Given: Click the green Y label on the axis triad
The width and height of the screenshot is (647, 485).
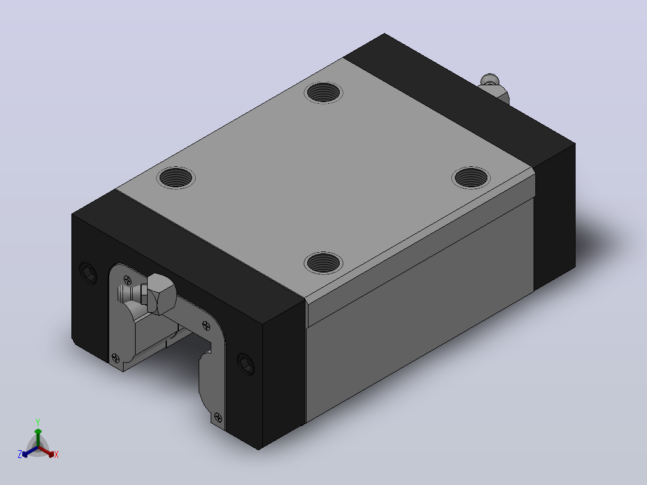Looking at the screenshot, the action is tap(38, 422).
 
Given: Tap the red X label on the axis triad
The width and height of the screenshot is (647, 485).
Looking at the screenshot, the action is tap(56, 454).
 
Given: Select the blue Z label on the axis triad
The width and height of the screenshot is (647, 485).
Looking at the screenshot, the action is tap(20, 454).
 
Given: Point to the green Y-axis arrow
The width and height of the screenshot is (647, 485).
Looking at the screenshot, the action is tap(38, 437).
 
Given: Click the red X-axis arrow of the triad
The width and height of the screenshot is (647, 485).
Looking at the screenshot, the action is tap(46, 451).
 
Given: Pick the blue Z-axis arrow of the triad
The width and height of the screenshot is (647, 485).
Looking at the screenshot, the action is tap(30, 451).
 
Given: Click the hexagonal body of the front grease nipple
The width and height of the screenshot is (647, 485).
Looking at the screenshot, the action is tap(161, 294).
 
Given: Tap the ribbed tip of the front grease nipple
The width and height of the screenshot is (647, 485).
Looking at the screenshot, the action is tap(124, 294).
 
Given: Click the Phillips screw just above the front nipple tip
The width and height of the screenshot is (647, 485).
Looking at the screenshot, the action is tap(128, 280).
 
